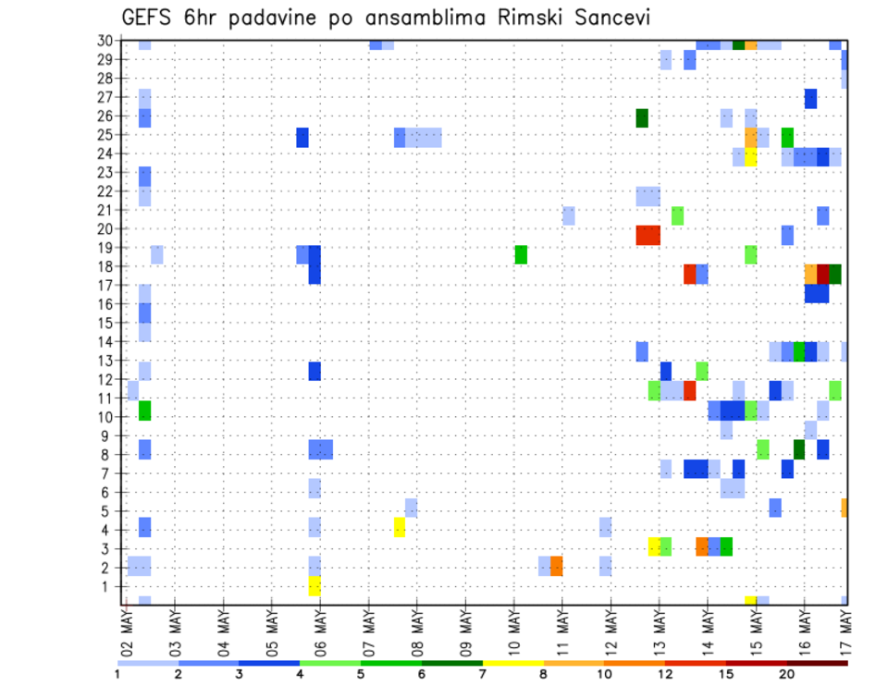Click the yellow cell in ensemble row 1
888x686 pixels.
point(314,586)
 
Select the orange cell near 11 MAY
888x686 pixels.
point(557,566)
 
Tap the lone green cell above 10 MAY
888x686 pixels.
point(521,254)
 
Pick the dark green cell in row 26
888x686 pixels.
point(642,117)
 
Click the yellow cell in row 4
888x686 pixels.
point(399,527)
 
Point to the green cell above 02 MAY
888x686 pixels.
point(144,410)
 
